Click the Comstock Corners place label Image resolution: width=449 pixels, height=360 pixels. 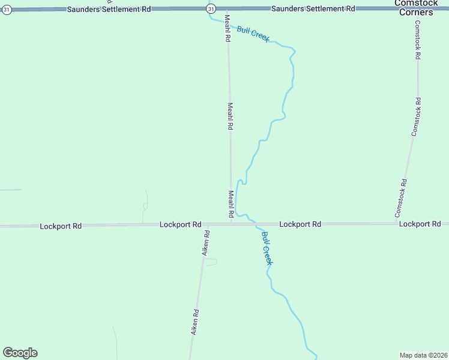pos(414,8)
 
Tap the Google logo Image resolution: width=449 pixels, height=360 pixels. pos(20,353)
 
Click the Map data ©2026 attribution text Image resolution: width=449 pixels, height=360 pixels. pos(424,355)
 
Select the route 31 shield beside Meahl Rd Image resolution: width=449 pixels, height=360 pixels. pos(211,8)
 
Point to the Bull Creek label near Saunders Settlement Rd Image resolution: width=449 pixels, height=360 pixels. pos(253,34)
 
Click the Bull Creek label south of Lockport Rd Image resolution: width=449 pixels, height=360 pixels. pos(267,248)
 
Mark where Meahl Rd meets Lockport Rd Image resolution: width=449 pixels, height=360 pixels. pos(231,224)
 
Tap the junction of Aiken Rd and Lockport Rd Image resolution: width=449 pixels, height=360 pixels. pos(206,224)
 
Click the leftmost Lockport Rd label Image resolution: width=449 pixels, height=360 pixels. pos(60,226)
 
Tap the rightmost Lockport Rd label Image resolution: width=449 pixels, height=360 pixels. pos(420,224)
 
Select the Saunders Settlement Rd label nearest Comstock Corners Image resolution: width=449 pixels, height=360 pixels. pos(313,9)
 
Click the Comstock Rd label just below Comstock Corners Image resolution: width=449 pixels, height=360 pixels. pos(418,40)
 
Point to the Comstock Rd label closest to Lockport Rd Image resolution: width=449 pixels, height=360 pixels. pos(401,198)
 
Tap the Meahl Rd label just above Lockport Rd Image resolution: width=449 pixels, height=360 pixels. pos(231,204)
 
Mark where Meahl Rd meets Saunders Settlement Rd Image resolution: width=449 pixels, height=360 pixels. pos(226,10)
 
